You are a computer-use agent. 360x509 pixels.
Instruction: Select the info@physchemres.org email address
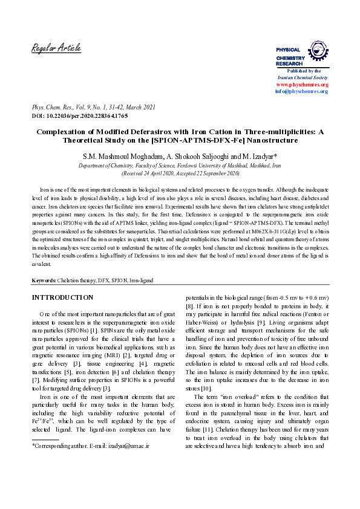click(x=302, y=91)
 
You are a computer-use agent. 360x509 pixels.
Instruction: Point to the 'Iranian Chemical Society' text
click(x=303, y=78)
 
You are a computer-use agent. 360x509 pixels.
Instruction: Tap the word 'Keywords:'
click(x=44, y=281)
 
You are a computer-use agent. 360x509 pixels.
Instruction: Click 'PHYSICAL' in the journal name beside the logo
click(x=288, y=50)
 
